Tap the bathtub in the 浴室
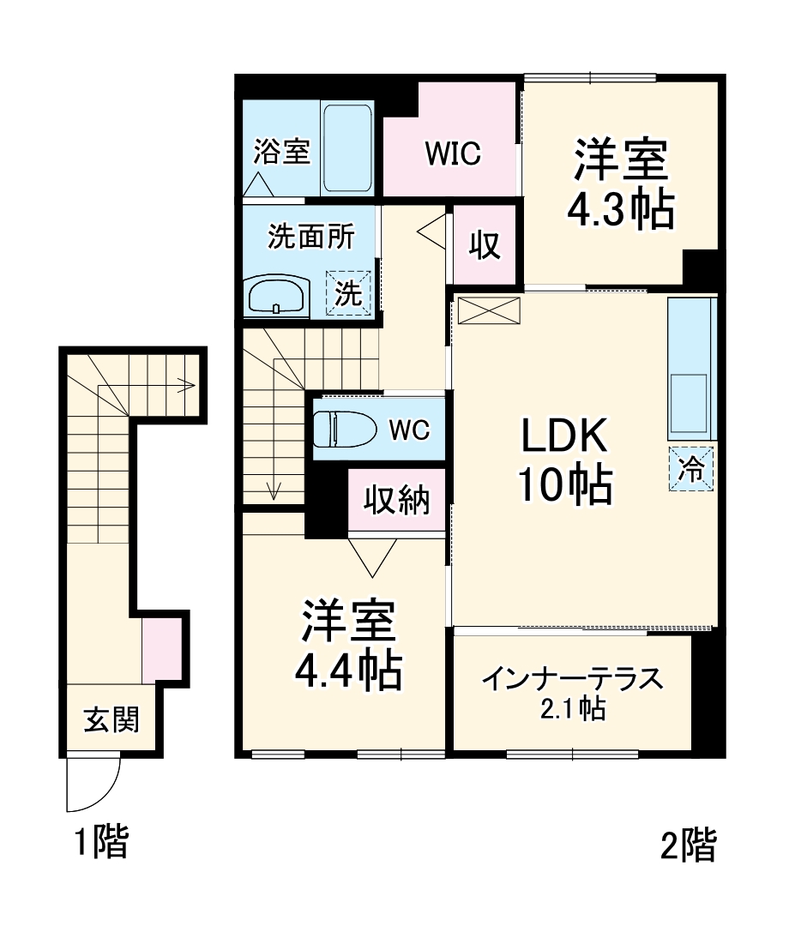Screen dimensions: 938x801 [347, 148]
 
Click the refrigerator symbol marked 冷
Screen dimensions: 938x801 [690, 469]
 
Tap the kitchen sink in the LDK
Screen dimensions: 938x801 [689, 402]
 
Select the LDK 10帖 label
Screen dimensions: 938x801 [564, 461]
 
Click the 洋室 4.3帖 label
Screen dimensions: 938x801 [620, 185]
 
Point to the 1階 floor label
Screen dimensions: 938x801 [100, 842]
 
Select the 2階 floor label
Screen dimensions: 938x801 [688, 846]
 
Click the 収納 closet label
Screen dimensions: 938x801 [396, 501]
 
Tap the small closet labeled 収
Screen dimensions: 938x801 [485, 245]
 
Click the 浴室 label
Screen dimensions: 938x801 [280, 153]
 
